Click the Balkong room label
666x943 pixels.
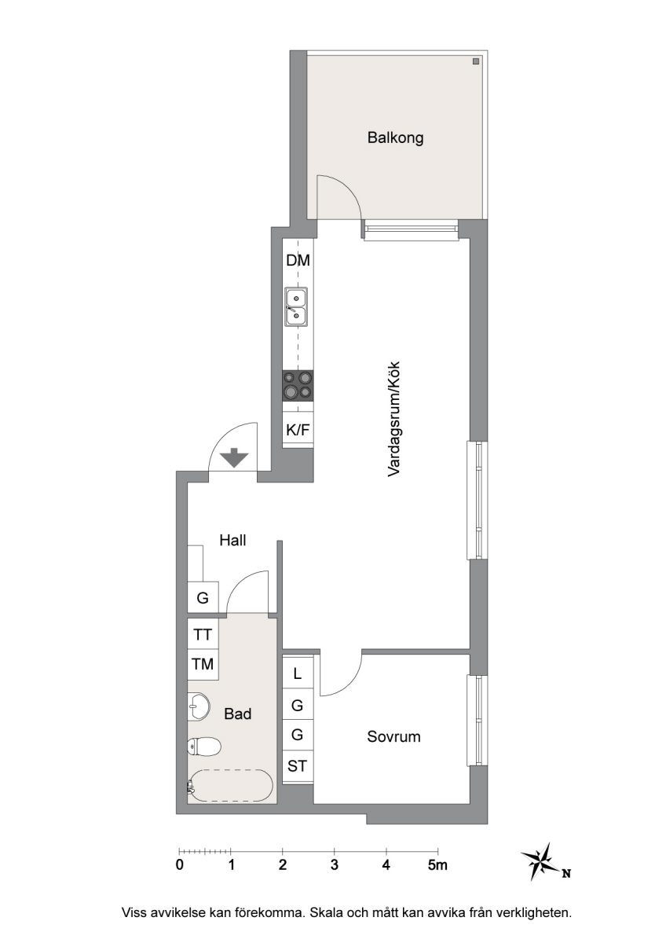(394, 138)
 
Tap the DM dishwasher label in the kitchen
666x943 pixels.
(298, 260)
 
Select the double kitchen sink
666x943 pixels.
(296, 307)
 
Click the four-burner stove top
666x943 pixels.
(298, 386)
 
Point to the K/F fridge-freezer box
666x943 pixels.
(298, 430)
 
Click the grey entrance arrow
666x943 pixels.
(235, 457)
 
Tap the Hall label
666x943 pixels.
(232, 540)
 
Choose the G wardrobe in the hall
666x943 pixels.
(203, 597)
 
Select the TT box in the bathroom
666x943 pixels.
(203, 634)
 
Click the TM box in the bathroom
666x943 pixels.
(203, 664)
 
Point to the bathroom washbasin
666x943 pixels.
(198, 706)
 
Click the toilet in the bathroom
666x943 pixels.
(204, 747)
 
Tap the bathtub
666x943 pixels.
(231, 787)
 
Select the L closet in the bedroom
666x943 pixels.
(298, 673)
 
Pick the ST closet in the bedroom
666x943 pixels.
(298, 765)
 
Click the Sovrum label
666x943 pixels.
(393, 737)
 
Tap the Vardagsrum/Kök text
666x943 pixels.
(393, 419)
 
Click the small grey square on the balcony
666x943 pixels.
(476, 61)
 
